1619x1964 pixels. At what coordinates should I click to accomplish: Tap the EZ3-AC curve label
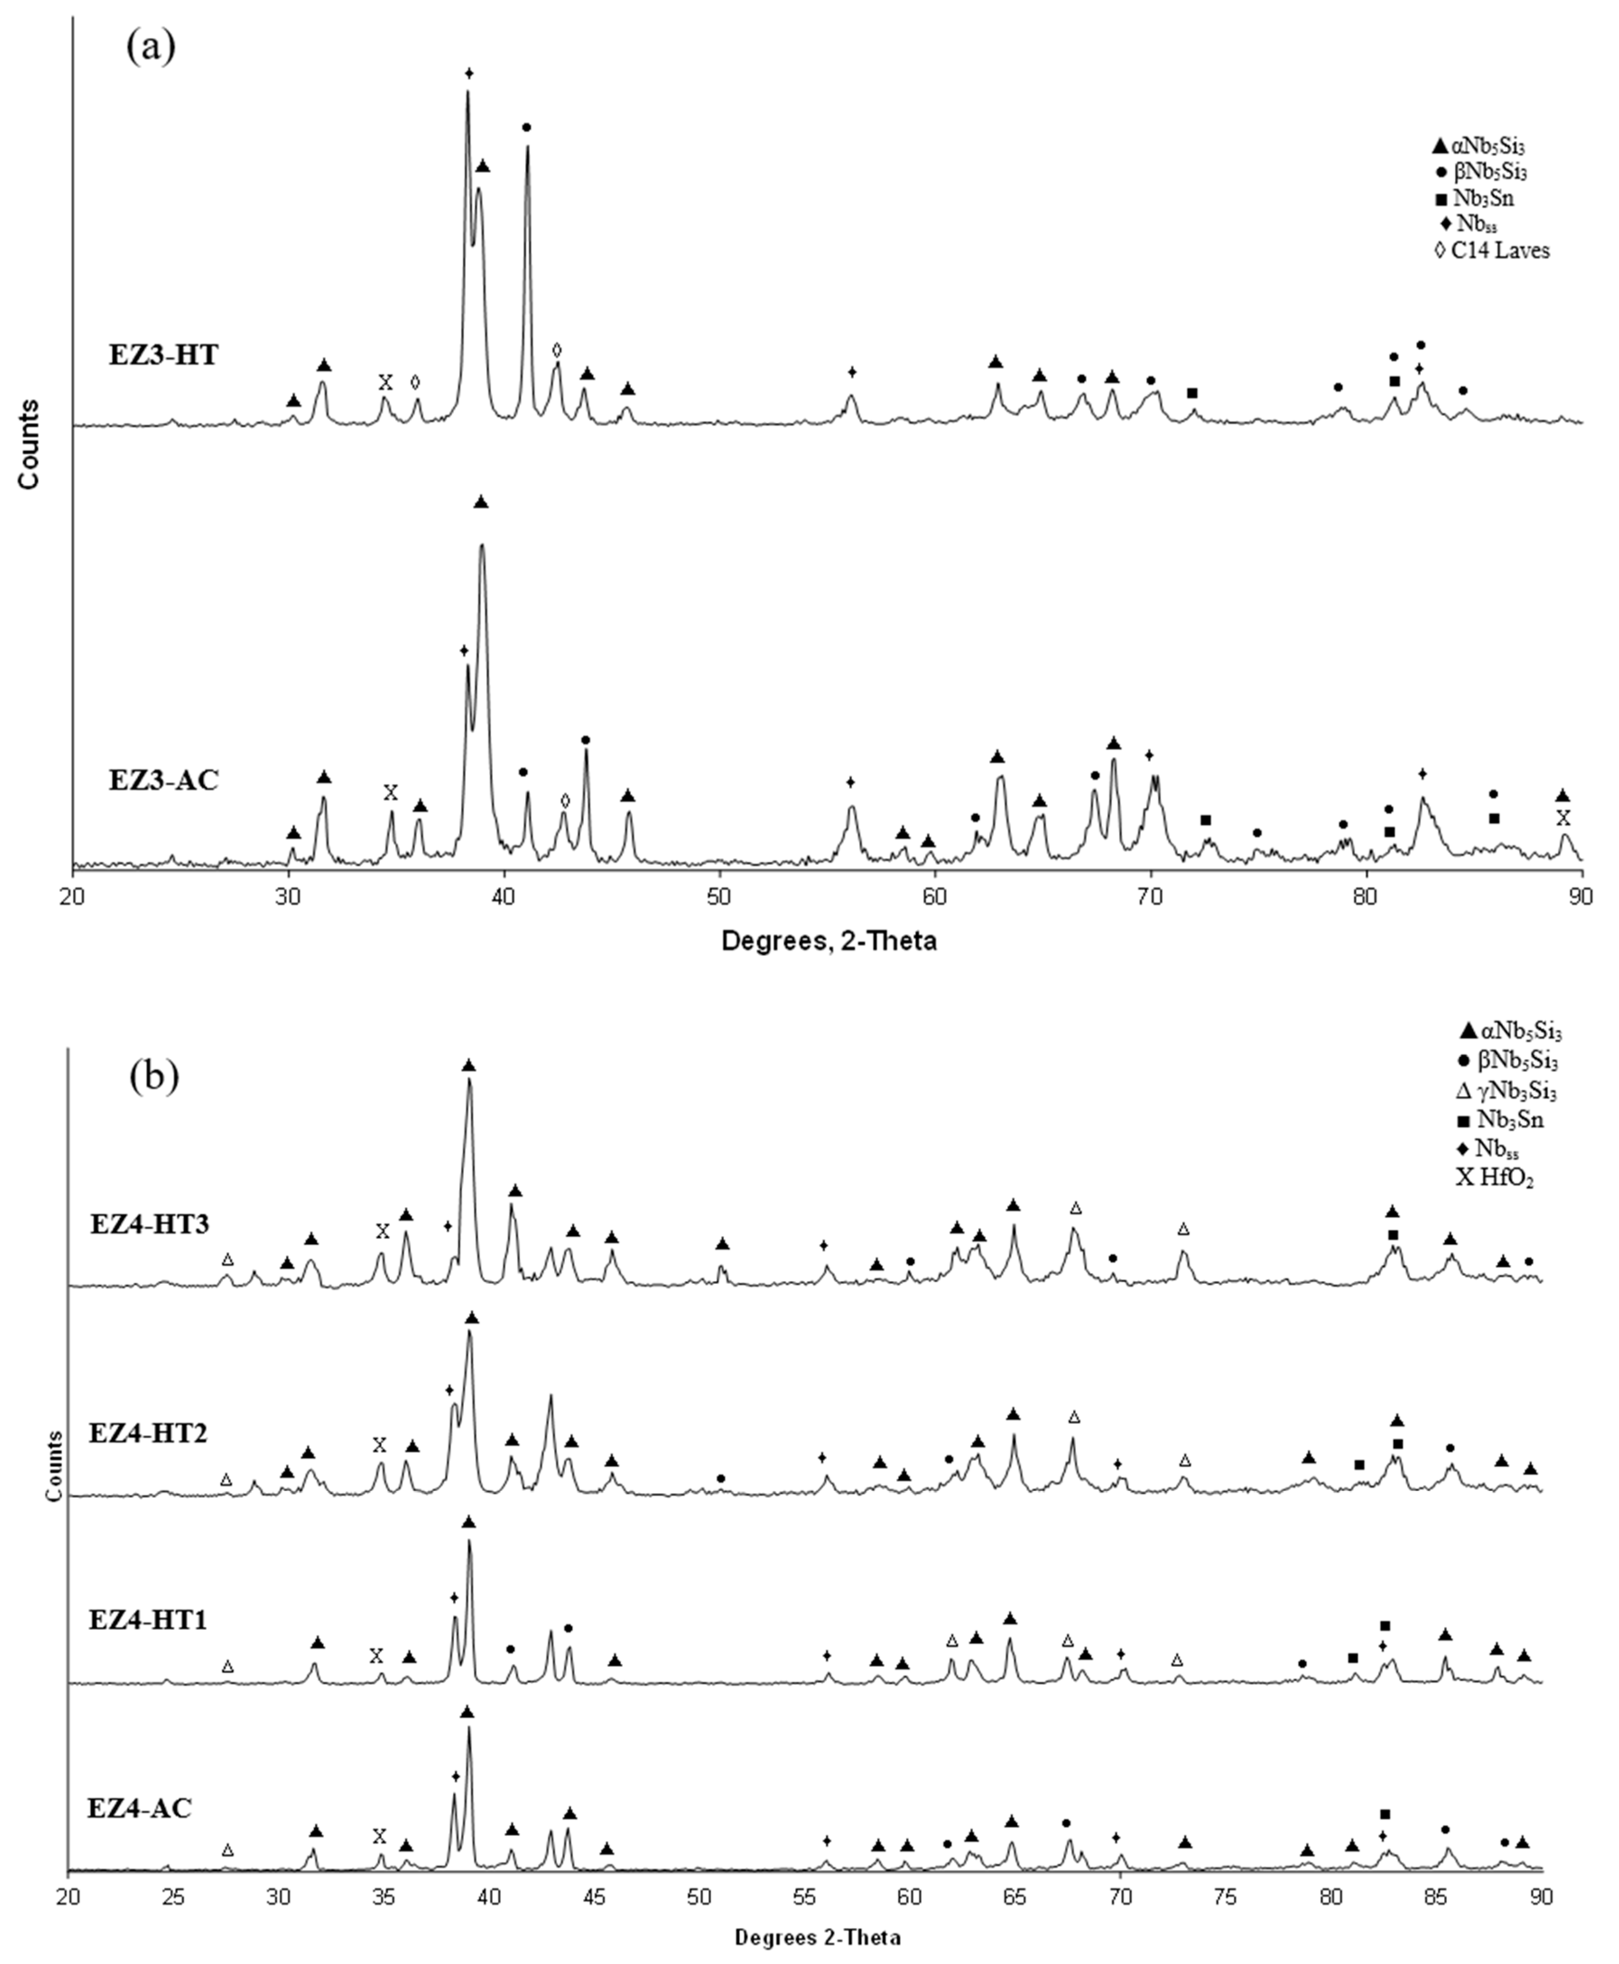pos(163,780)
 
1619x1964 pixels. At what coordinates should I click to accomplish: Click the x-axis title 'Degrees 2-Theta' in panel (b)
pos(817,1938)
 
